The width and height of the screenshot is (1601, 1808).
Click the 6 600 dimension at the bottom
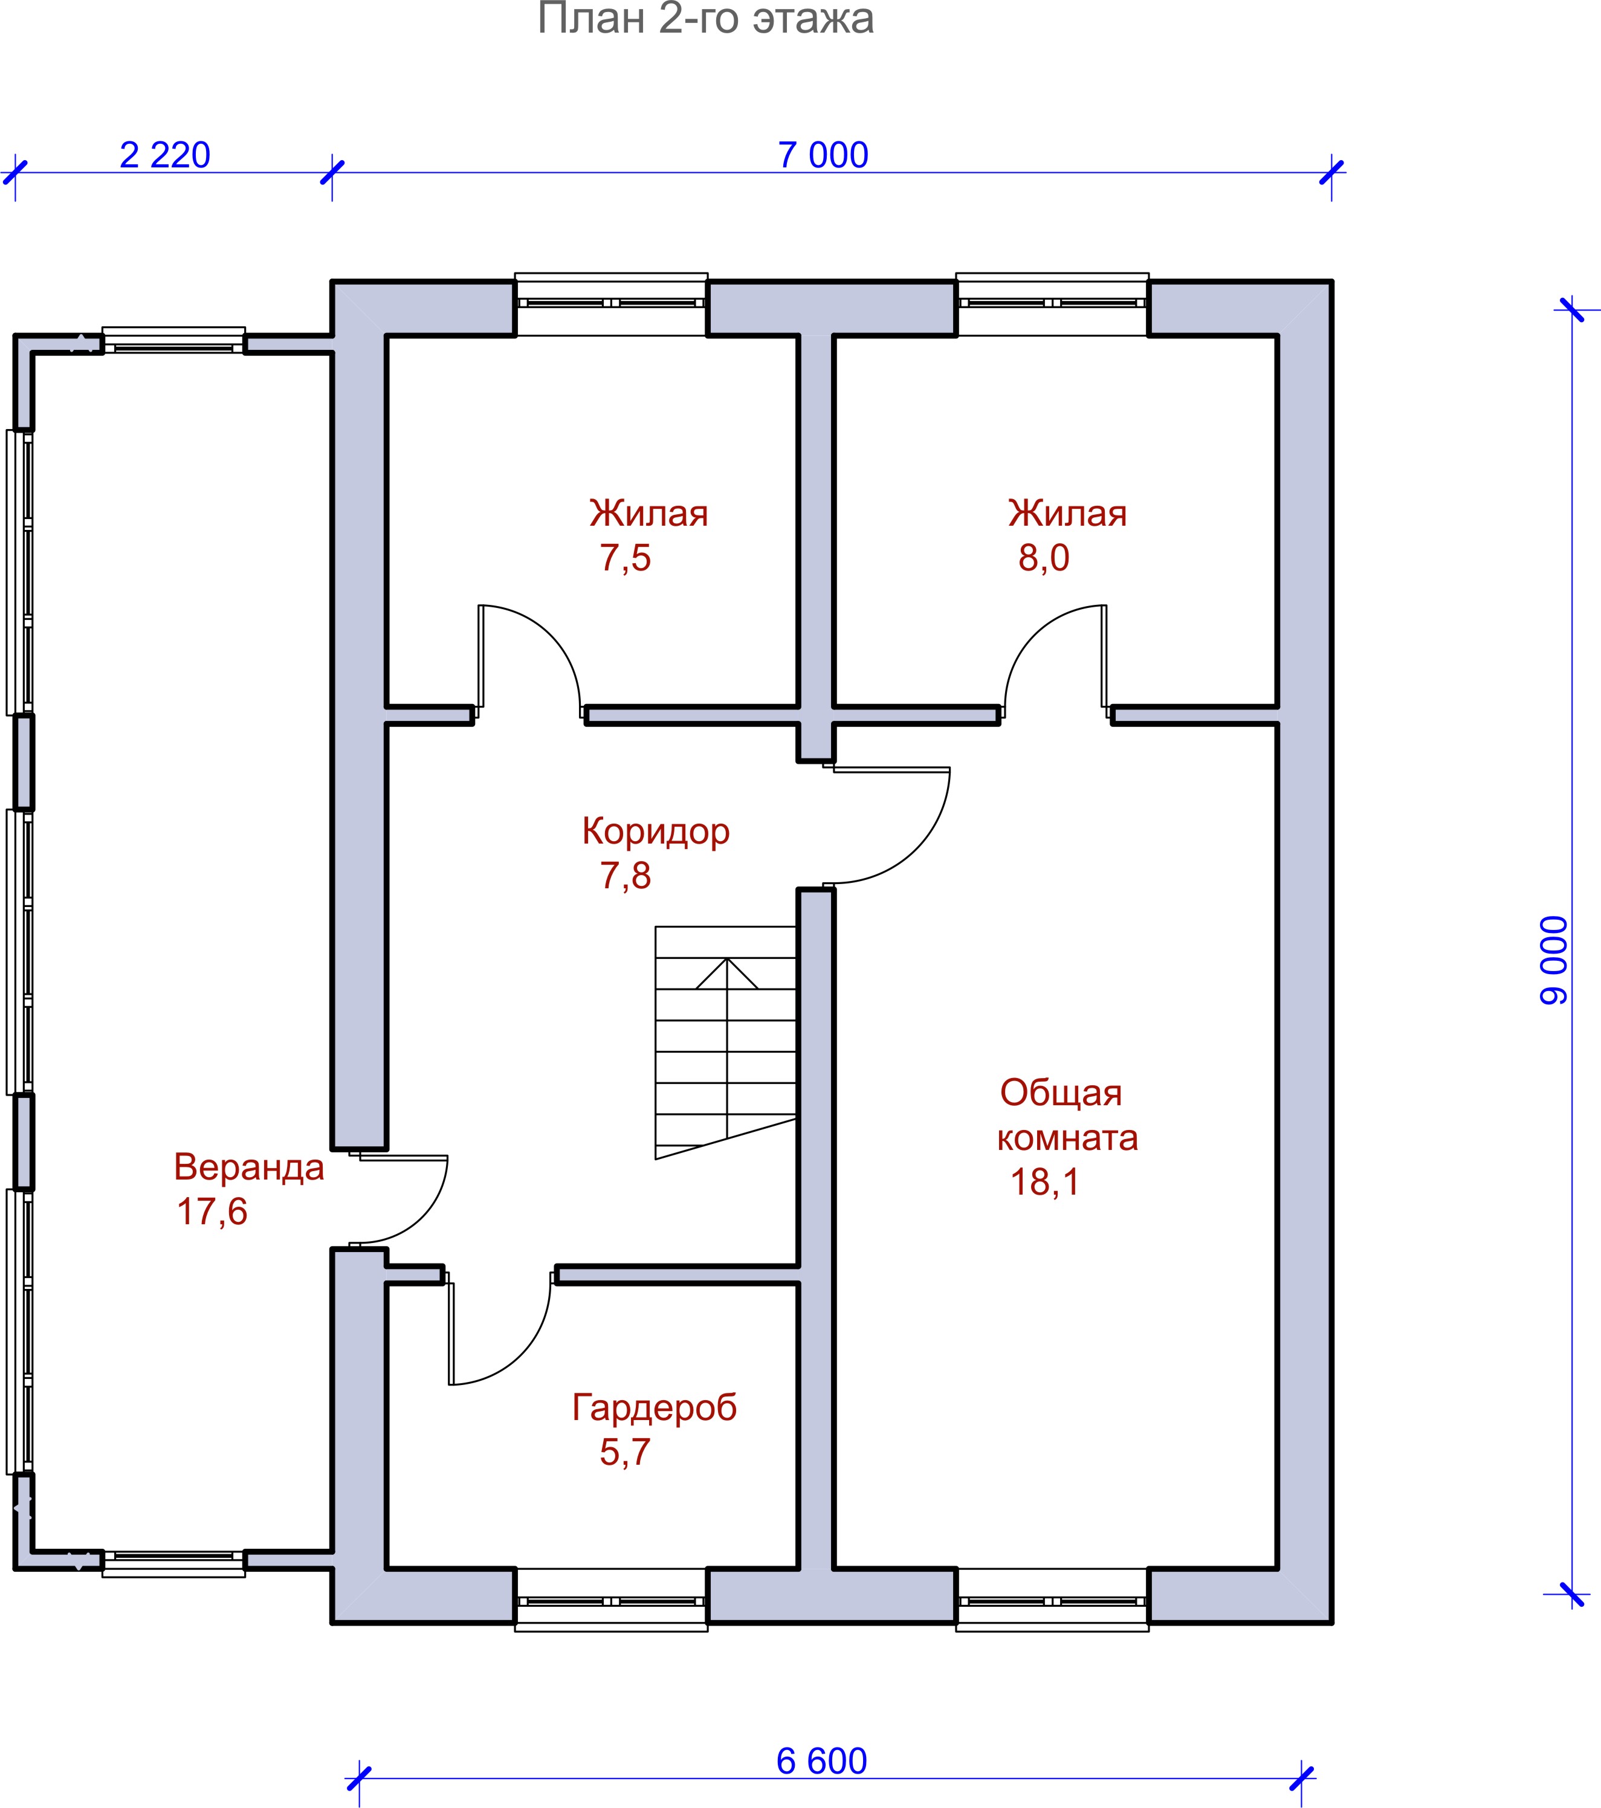point(822,1761)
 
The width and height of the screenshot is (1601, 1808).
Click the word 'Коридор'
point(655,832)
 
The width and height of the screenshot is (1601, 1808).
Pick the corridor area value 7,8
point(626,876)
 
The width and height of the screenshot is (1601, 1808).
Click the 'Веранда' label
point(248,1167)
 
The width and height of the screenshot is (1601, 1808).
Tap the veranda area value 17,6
point(212,1211)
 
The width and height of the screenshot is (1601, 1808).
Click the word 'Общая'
point(1061,1093)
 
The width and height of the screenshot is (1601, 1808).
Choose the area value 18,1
point(1044,1182)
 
